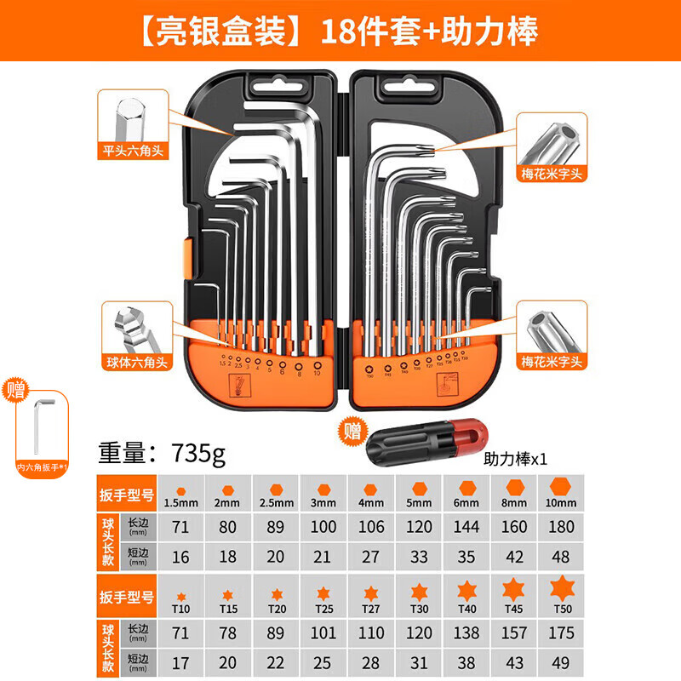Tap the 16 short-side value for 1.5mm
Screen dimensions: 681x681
coord(181,558)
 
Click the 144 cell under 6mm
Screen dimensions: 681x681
coord(466,527)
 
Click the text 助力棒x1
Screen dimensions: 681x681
coord(514,458)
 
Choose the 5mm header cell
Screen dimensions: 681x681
coord(419,494)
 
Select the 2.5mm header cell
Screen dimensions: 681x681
coord(276,494)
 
